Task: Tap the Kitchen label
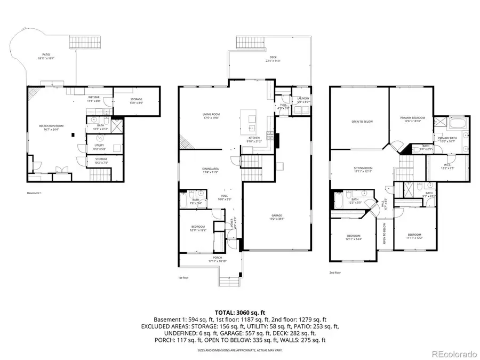point(254,139)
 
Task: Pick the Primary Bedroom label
point(413,118)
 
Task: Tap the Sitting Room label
point(363,170)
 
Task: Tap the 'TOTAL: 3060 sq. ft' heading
point(239,312)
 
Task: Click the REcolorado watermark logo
point(454,353)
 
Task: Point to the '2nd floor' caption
point(335,273)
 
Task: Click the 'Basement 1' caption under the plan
point(34,193)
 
